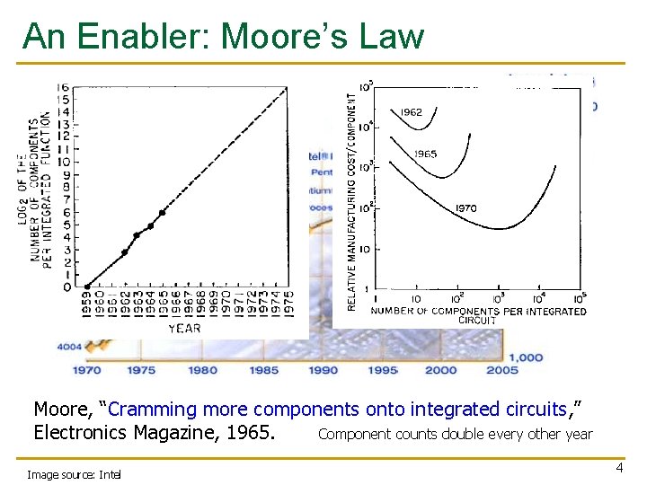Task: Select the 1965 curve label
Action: coord(425,154)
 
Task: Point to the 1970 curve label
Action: coord(465,208)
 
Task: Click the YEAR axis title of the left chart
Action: coord(184,328)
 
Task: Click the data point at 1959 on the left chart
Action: coord(87,287)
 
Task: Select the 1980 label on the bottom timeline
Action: coord(203,369)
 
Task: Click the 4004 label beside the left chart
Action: coord(68,346)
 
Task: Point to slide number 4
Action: coord(618,468)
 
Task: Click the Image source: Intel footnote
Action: coord(74,473)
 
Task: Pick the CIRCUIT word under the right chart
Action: coord(477,321)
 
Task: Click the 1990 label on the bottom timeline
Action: coord(323,369)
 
